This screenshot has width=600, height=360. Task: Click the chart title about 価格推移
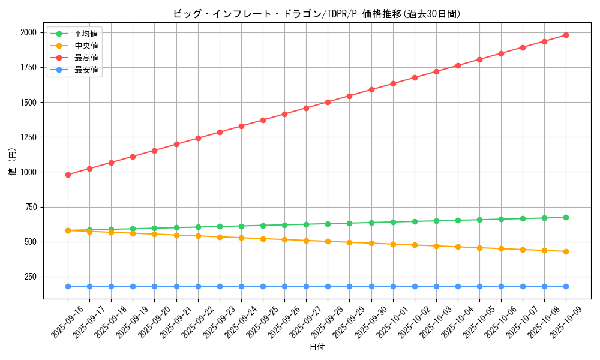317,14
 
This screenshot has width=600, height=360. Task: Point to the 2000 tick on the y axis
28,32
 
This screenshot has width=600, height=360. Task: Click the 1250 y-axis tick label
28,137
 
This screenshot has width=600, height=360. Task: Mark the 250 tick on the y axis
31,277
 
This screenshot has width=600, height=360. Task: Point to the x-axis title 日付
317,347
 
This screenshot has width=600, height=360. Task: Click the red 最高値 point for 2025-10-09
566,35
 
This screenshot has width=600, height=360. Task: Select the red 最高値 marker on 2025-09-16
68,175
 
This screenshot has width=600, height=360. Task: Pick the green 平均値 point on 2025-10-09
566,217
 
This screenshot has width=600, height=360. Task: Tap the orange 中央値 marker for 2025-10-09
566,251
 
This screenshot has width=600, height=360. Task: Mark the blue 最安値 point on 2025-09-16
68,286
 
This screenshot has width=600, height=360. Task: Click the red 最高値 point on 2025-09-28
328,102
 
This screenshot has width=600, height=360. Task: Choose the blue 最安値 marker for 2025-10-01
393,286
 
